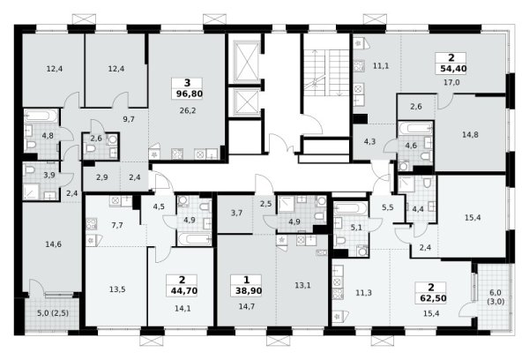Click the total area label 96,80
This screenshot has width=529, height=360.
[x=190, y=94]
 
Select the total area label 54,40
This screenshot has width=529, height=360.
[x=453, y=69]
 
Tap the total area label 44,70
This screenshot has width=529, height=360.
[x=184, y=291]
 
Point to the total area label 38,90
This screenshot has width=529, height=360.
[x=249, y=291]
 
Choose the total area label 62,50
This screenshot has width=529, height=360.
[x=433, y=298]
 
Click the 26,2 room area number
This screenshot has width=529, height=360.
[x=188, y=110]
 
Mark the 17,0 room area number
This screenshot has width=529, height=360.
[x=451, y=82]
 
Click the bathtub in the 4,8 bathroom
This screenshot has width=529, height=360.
[x=41, y=116]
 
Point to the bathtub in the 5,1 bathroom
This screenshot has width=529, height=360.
[x=351, y=208]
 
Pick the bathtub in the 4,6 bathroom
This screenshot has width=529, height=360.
[x=415, y=128]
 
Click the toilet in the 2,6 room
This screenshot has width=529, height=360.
[x=92, y=149]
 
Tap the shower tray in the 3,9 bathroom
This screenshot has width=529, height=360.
[x=32, y=191]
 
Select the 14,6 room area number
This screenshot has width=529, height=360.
[x=53, y=244]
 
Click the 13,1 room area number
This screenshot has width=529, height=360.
[x=302, y=285]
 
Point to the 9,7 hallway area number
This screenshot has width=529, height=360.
[x=129, y=119]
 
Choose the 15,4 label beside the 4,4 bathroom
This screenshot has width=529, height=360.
[x=473, y=217]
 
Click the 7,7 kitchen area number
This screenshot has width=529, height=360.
[x=117, y=225]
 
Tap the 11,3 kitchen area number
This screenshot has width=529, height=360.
[x=363, y=293]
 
